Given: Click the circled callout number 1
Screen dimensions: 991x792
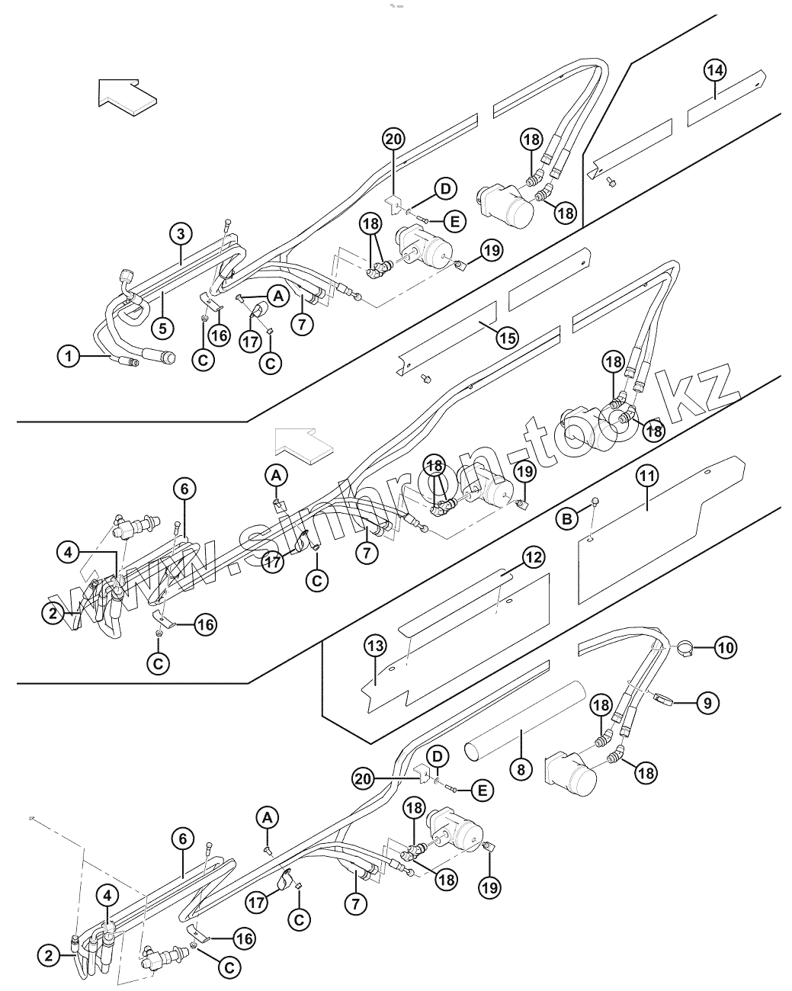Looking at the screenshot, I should click(69, 355).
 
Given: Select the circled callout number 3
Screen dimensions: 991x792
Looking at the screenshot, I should click(180, 233).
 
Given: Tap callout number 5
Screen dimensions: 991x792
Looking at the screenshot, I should click(162, 329).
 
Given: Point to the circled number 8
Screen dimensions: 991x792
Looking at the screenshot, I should click(521, 768).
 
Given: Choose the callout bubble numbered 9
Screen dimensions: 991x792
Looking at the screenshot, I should click(707, 702).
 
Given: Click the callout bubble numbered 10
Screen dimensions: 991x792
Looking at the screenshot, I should click(725, 648).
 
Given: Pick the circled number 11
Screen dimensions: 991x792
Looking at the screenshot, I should click(646, 476).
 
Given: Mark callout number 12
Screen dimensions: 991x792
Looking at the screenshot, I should click(533, 557).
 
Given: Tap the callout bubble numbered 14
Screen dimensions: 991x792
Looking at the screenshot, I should click(714, 71).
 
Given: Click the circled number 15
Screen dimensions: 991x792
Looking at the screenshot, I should click(507, 338).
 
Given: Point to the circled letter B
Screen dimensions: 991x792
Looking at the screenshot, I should click(566, 519).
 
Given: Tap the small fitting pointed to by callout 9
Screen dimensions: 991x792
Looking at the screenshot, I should click(660, 696).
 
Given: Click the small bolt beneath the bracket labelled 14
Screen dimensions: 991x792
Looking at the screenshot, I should click(611, 181).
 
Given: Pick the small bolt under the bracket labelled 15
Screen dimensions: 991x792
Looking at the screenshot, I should click(425, 377).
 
